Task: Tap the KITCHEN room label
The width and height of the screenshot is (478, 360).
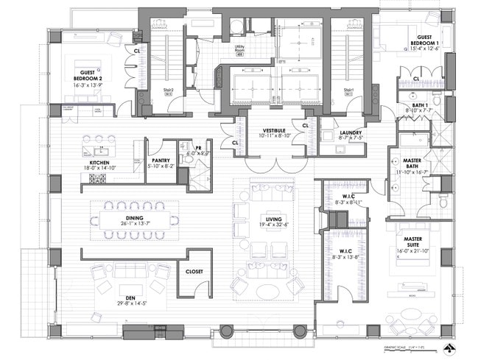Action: pyautogui.click(x=100, y=162)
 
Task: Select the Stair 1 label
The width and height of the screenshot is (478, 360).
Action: pyautogui.click(x=349, y=90)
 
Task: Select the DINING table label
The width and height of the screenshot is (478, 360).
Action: pyautogui.click(x=133, y=219)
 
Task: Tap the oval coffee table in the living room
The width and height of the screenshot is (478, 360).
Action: pyautogui.click(x=267, y=292)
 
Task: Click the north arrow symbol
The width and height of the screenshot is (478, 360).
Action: pyautogui.click(x=447, y=347)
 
